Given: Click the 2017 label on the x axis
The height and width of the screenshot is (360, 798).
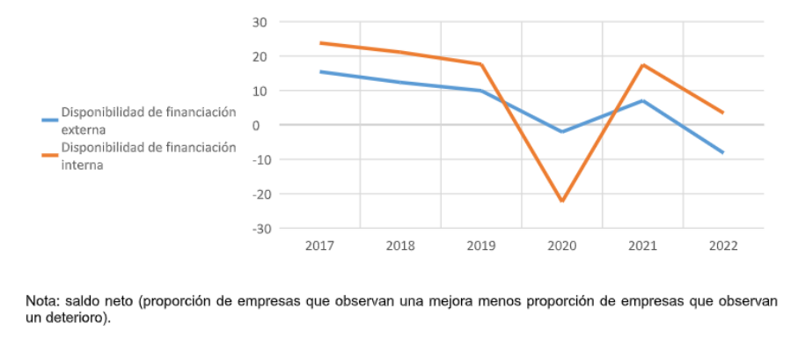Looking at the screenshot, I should [319, 246].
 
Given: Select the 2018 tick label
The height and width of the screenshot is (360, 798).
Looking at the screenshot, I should [400, 246].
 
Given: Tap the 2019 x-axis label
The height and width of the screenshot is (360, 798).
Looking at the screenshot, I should [480, 246].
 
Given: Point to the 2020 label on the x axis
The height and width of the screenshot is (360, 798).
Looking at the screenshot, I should [561, 246].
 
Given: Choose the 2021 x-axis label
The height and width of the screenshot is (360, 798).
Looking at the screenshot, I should [642, 246].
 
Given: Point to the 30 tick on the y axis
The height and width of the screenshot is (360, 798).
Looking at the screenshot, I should [261, 22].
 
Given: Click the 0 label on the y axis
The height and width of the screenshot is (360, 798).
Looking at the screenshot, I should [265, 125].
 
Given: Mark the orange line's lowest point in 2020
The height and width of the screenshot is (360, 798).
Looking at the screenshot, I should [561, 202].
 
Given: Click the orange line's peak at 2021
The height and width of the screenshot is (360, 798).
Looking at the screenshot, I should [642, 65].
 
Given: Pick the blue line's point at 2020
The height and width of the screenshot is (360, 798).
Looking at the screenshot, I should [561, 132].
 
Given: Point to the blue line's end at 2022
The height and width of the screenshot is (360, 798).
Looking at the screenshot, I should [722, 152].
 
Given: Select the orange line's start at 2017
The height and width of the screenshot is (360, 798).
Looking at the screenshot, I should [320, 43].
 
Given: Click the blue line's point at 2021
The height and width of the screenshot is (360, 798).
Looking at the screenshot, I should [642, 100].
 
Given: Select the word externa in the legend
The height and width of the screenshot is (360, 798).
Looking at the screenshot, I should [83, 129].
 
